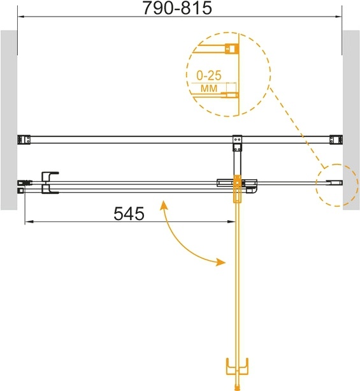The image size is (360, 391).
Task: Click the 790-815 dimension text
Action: click(x=177, y=8)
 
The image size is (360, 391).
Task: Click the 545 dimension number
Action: click(x=129, y=214)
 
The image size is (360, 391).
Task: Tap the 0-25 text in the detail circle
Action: click(x=209, y=75)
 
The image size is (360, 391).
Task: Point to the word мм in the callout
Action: click(x=209, y=88)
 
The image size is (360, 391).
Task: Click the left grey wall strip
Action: click(x=9, y=120)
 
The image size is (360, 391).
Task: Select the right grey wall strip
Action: click(x=351, y=120)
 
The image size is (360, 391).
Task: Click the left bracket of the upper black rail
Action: click(x=24, y=140)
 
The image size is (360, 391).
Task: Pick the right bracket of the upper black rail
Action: click(x=336, y=140)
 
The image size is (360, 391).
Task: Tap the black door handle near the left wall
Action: click(x=50, y=183)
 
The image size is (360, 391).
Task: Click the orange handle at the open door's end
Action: click(x=237, y=366)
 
